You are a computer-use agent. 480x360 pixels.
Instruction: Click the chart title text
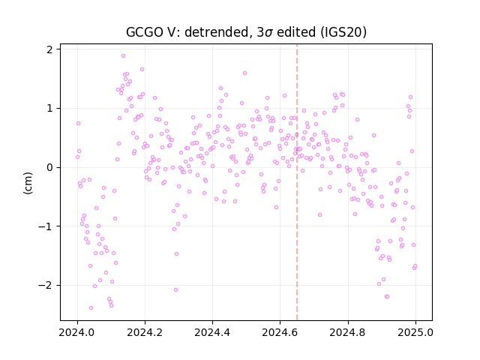[x=246, y=32]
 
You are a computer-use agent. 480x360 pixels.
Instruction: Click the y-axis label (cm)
[x=28, y=183]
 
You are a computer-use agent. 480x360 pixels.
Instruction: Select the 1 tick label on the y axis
[x=50, y=108]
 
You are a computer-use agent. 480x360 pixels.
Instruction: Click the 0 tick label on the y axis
[x=50, y=167]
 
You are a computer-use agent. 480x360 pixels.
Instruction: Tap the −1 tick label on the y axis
[x=46, y=226]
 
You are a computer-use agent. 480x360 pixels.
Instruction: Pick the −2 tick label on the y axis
[x=46, y=285]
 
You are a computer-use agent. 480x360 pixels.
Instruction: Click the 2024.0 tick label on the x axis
[x=77, y=332]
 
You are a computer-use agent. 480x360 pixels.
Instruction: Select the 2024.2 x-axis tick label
[x=145, y=332]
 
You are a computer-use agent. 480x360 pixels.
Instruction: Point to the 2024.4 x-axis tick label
[x=212, y=332]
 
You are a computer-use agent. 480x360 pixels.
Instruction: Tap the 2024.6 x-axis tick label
[x=280, y=332]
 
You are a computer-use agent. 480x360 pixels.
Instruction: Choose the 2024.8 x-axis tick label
[x=347, y=332]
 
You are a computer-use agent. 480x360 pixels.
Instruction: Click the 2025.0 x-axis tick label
[x=415, y=332]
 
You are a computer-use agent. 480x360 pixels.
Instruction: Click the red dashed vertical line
[x=297, y=182]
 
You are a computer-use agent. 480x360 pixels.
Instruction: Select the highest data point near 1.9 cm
[x=123, y=56]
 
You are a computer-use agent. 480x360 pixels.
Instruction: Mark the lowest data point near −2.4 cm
[x=91, y=308]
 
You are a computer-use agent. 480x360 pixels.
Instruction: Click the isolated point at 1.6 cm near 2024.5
[x=244, y=73]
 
